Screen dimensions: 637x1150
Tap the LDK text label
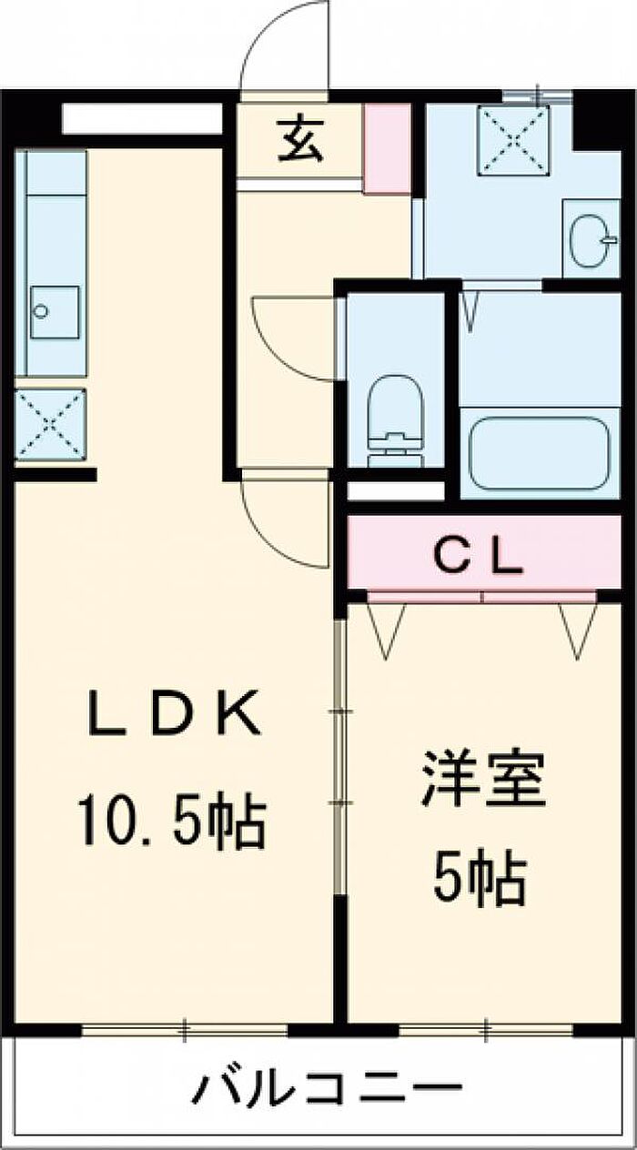173,713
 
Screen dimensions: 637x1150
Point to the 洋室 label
482,779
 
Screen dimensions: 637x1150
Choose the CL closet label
479,556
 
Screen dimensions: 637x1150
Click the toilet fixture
395,422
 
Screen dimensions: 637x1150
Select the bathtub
540,453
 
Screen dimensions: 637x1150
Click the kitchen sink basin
55,312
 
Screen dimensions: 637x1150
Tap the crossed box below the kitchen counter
50,424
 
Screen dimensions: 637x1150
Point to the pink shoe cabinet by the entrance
387,149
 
